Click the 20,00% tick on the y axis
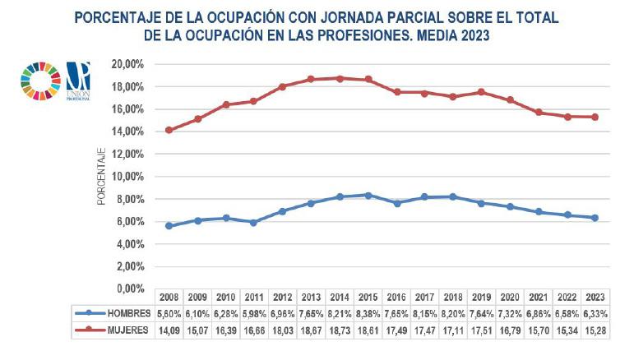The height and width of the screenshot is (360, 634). point(128,64)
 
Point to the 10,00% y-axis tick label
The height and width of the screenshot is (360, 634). point(128,176)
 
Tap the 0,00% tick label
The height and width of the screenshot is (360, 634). point(131,288)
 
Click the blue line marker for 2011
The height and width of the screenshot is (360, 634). point(255,222)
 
